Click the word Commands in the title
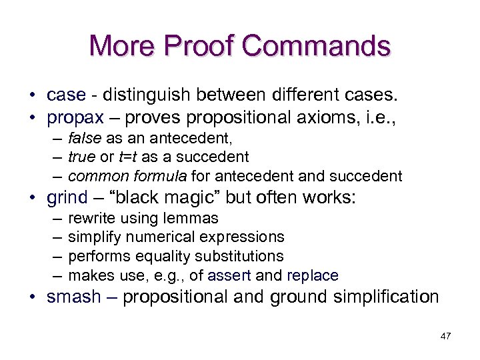(x=317, y=46)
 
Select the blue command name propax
(x=75, y=118)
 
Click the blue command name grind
(x=67, y=197)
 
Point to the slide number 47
(x=445, y=336)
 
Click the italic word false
(x=83, y=138)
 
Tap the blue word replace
(x=312, y=275)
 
